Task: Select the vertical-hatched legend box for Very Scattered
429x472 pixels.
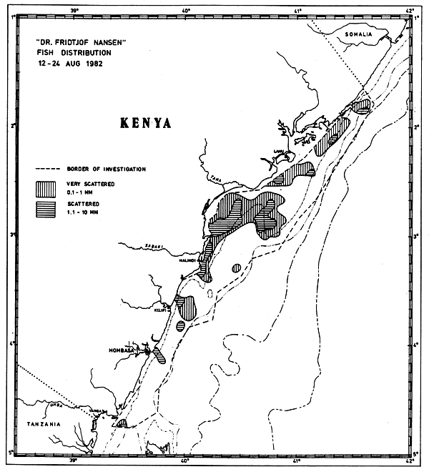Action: (46, 188)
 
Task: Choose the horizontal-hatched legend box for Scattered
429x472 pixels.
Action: (46, 208)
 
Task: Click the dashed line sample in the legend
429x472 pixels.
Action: (47, 169)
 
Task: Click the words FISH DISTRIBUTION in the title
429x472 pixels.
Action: (77, 51)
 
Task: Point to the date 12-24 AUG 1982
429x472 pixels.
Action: (76, 62)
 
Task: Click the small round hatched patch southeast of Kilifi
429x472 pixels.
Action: (180, 326)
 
